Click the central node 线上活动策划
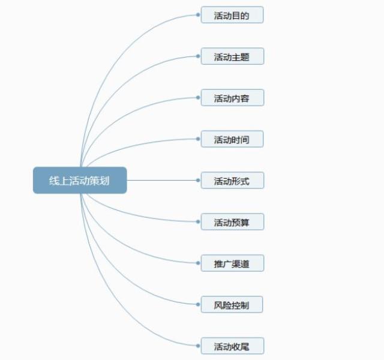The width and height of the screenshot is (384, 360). point(80,180)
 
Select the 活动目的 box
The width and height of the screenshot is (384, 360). point(232,15)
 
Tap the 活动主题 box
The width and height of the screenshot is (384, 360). point(232,57)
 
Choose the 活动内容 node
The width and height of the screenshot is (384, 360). point(232,98)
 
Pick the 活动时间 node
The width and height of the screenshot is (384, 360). point(232,139)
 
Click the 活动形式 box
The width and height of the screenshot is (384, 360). point(232,181)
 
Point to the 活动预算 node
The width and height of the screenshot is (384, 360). point(232,222)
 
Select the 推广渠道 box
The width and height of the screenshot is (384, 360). point(232,263)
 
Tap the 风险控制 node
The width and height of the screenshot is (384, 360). point(232,305)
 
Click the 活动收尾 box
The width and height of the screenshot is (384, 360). point(232,346)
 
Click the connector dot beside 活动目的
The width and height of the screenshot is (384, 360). point(198,14)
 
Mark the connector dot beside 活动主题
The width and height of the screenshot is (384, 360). point(198,56)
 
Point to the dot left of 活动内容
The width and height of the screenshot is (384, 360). point(198,97)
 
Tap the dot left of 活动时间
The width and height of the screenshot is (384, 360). point(198,139)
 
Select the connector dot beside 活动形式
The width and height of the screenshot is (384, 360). point(198,180)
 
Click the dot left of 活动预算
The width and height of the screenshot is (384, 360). point(198,221)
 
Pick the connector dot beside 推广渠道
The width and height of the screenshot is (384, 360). point(198,263)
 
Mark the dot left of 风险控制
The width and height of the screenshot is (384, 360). point(198,304)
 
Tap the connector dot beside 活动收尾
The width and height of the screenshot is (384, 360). point(198,346)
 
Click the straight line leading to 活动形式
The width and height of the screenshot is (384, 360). point(162,180)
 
